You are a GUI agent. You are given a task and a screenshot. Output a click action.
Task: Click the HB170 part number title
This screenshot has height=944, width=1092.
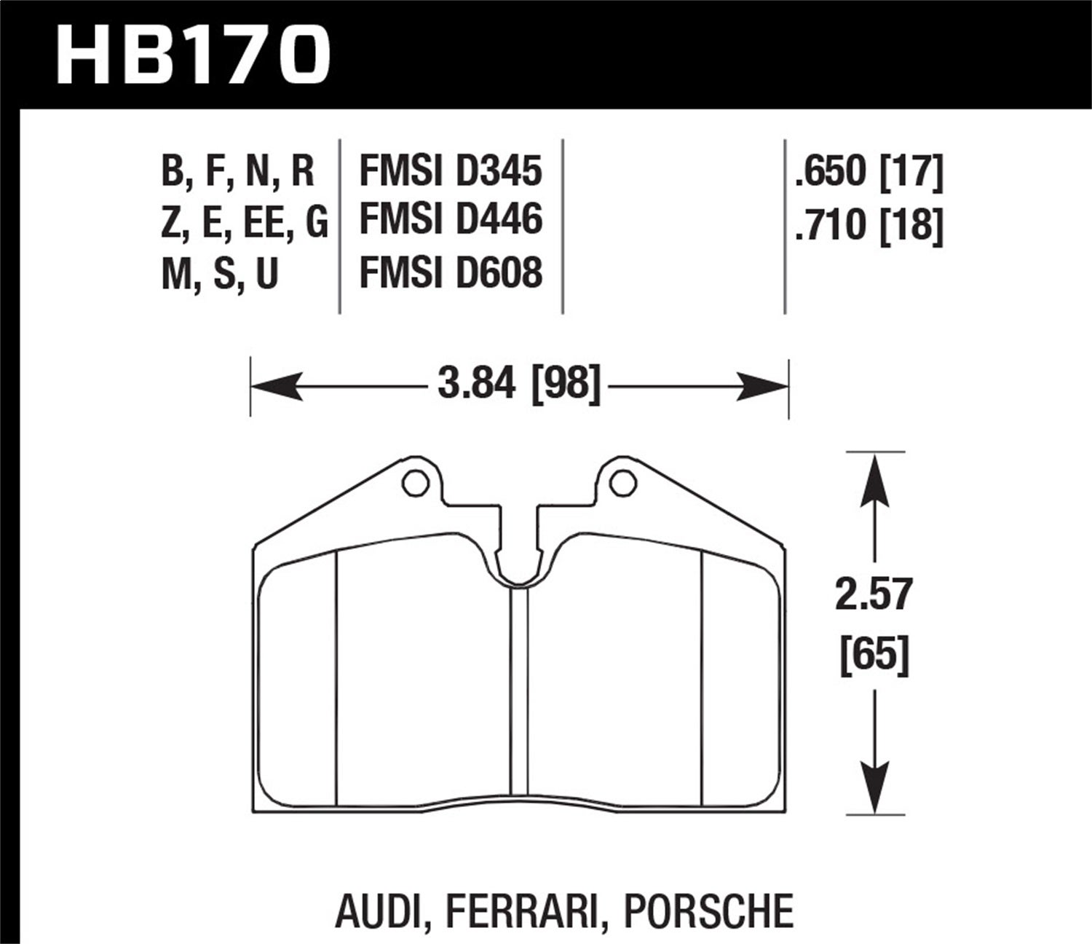click(194, 55)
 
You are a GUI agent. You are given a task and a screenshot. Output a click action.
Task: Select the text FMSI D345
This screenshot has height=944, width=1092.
click(451, 171)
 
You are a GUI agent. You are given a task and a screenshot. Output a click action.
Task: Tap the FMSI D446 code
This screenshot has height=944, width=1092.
click(451, 220)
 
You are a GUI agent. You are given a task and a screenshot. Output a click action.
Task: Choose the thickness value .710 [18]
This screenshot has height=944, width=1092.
click(869, 224)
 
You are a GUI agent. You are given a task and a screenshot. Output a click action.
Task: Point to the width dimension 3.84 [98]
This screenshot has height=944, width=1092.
click(519, 384)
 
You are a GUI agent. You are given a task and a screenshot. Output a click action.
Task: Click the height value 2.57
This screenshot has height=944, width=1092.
click(873, 595)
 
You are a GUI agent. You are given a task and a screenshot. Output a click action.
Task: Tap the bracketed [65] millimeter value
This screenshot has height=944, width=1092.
click(873, 656)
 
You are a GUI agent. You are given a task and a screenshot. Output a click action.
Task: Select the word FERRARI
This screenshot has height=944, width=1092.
click(513, 911)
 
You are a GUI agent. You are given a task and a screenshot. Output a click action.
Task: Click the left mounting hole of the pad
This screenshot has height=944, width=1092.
click(415, 482)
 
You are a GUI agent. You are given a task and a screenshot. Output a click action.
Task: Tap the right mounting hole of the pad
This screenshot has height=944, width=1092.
click(623, 482)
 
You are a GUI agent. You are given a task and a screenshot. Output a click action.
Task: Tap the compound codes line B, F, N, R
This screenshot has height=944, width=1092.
click(237, 171)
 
